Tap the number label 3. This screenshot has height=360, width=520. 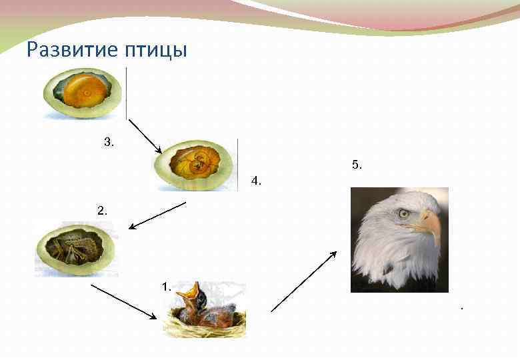coord(109,141)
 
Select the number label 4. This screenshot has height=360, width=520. coord(256,181)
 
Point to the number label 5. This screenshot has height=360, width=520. coord(357,164)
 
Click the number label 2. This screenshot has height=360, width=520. coord(101,210)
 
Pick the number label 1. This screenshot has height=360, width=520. coord(166,287)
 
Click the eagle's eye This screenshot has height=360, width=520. coord(404,213)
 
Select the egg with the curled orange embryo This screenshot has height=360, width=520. coord(196,165)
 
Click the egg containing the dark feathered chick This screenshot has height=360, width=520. coord(75,249)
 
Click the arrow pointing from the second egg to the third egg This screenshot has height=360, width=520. coord(157,215)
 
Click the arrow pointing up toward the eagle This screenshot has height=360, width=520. coord(304,281)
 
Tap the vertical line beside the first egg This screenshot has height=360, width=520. coord(126,93)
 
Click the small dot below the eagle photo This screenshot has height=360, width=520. coord(461,308)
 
